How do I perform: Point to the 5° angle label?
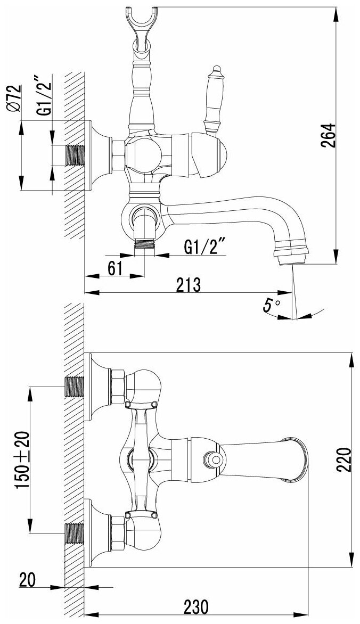coord(272,305)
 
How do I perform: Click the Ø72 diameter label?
coord(14,98)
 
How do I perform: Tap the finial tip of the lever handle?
coord(215,69)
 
